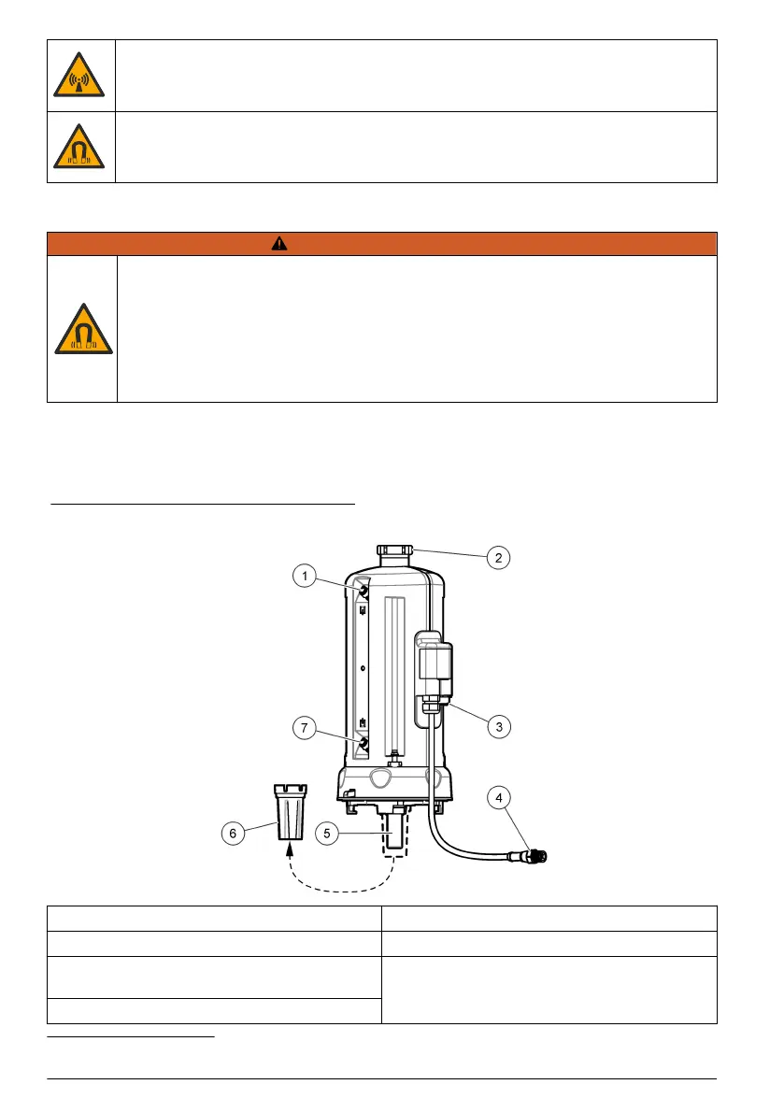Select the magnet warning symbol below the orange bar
pos(81,329)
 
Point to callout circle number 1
pos(303,577)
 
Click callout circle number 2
pos(498,558)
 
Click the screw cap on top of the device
pos(396,551)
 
